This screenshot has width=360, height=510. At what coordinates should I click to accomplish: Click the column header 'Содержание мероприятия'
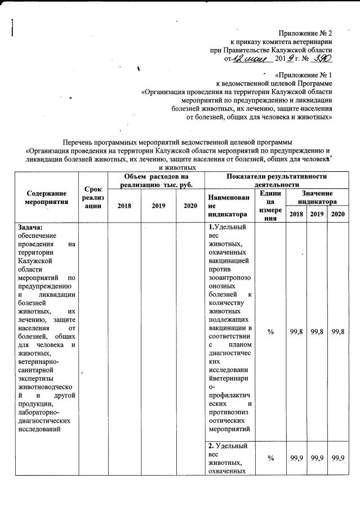[x=47, y=197]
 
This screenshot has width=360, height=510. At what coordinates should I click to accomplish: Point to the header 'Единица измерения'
[x=271, y=205]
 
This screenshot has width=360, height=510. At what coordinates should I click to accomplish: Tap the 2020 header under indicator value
[x=337, y=215]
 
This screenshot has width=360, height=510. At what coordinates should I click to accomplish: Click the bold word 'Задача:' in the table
[x=30, y=227]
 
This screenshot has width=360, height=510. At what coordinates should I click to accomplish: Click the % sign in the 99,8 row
[x=271, y=333]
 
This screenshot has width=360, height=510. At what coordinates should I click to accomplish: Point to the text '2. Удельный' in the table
[x=228, y=446]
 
